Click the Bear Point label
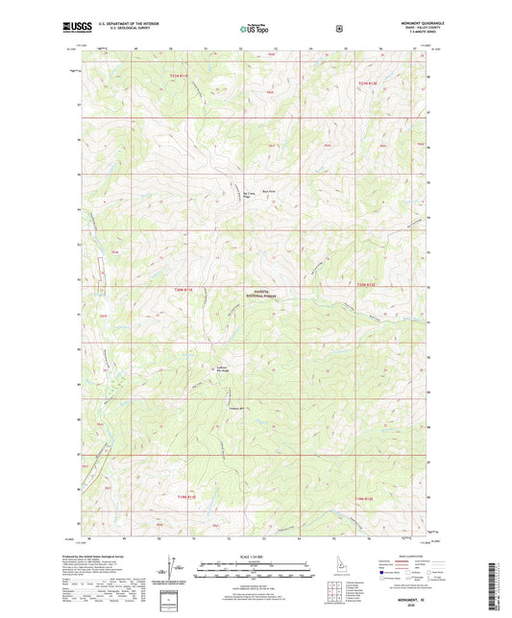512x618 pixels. (x=271, y=192)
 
